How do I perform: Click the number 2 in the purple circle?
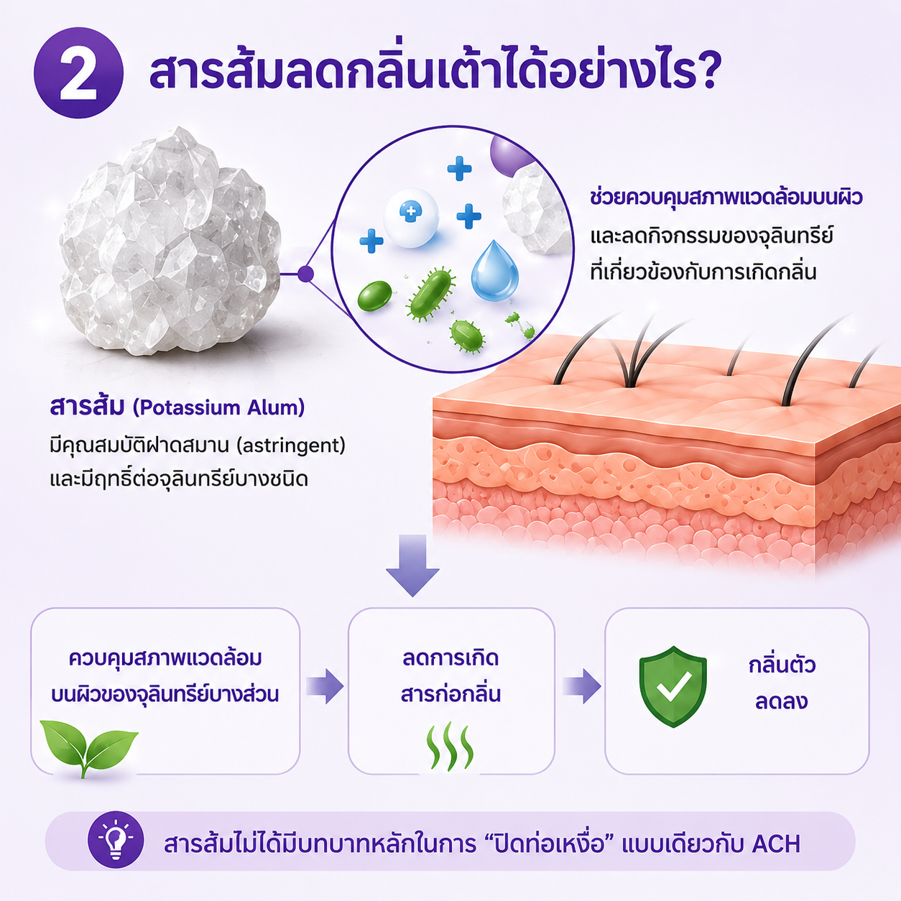(x=78, y=73)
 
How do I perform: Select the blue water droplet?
(x=494, y=271)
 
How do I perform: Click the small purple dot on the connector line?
(x=305, y=274)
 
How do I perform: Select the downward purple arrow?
(x=412, y=565)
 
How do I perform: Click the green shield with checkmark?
(x=673, y=687)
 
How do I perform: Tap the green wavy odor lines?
(x=450, y=747)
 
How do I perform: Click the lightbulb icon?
(x=116, y=841)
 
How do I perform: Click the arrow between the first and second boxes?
(x=325, y=686)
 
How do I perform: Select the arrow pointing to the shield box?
(x=582, y=686)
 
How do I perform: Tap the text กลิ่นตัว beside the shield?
(x=782, y=665)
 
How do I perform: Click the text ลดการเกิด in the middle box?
(x=450, y=657)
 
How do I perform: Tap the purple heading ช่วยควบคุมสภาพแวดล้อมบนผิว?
(x=726, y=198)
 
